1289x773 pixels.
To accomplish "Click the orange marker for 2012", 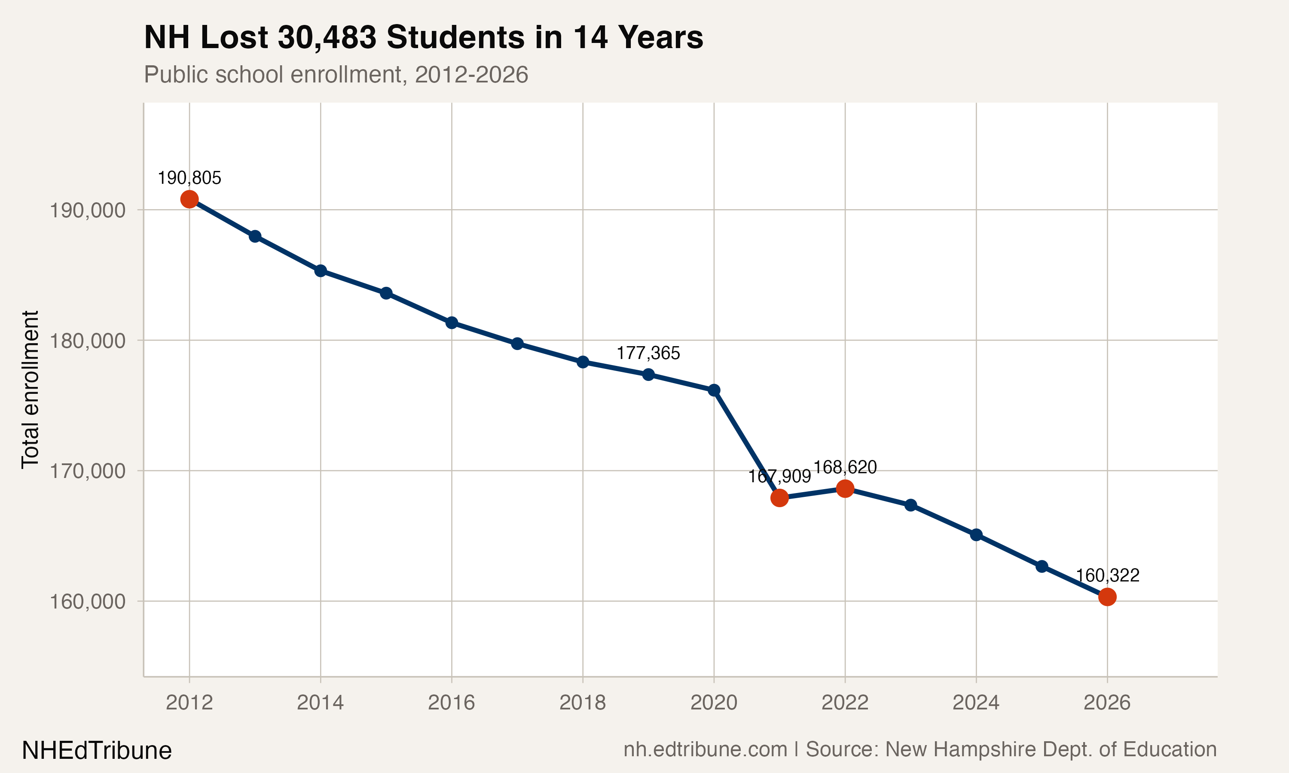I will coord(189,199).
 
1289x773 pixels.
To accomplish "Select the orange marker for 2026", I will coord(1107,597).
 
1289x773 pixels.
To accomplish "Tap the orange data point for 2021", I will coord(779,498).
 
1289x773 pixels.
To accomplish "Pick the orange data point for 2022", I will coord(845,489).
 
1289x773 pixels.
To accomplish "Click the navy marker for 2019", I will coord(648,374).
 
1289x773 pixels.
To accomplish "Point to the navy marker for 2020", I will coord(714,390).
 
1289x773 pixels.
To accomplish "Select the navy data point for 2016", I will coord(452,323).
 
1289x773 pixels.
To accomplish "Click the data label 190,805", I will coord(189,178).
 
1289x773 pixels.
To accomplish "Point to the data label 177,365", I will coord(648,353).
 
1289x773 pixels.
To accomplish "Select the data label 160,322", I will coord(1108,575).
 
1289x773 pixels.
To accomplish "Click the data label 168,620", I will coord(845,467).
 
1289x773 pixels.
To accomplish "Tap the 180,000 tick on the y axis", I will coord(88,341).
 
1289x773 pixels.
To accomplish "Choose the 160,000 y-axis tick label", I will coord(88,602).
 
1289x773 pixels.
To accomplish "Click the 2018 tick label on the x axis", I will coord(583,703).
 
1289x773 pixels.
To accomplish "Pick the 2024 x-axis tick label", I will coord(976,703).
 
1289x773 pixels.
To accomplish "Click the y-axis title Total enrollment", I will coord(30,390).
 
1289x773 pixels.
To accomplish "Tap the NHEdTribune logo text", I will coord(96,751).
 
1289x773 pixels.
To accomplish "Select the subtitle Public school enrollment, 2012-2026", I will coord(336,74).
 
